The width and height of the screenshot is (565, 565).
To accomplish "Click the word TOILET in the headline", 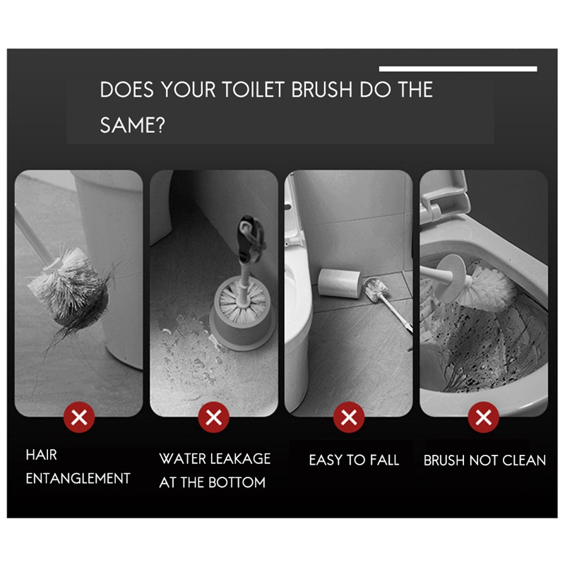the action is [253, 90].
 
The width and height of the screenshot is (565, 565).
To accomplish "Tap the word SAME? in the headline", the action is [132, 125].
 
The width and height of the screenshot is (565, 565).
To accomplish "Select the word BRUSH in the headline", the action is [321, 90].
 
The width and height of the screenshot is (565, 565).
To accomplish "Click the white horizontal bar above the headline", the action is [458, 69].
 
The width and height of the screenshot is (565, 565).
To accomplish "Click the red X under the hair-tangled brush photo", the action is [79, 417].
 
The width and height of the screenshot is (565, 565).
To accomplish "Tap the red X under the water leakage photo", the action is [214, 417].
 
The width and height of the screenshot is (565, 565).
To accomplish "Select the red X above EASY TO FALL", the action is [349, 417].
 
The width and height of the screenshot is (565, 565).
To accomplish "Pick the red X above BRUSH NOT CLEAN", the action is [484, 417].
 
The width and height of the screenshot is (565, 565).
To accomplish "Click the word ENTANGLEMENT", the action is [78, 479].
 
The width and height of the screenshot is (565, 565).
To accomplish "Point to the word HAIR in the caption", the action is [42, 455].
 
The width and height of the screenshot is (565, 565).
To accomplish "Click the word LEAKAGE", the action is [240, 458].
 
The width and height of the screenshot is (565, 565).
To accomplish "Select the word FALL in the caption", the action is [384, 460].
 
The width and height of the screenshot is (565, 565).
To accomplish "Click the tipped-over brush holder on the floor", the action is [339, 282].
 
